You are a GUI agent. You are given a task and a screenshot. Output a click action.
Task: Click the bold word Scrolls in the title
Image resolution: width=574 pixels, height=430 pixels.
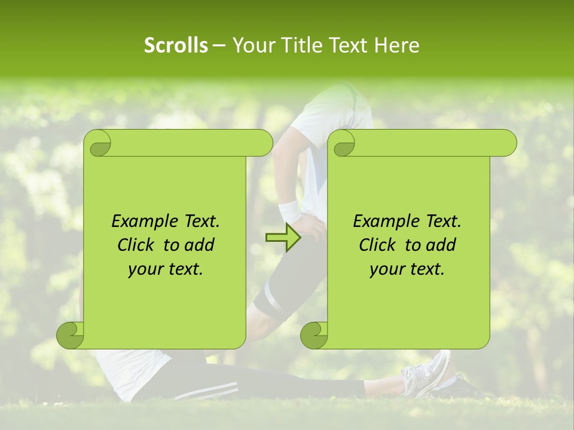(176, 45)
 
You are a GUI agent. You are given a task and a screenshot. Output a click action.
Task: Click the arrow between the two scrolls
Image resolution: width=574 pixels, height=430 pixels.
(283, 238)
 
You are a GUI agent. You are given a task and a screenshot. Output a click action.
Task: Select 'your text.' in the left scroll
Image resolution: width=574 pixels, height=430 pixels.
(166, 269)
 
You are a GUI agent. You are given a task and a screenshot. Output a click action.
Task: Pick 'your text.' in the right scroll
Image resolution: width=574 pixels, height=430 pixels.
(407, 269)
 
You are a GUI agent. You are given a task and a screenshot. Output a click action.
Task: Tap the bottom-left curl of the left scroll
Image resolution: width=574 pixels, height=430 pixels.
(71, 335)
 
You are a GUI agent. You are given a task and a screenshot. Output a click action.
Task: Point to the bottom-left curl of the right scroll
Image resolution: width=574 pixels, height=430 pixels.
(315, 335)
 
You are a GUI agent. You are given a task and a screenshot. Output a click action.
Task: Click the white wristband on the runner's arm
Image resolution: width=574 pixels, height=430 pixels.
(290, 210)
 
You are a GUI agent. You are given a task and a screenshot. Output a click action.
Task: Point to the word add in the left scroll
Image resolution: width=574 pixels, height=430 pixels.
(200, 245)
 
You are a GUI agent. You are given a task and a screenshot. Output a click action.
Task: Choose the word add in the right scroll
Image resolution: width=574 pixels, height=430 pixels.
(442, 245)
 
